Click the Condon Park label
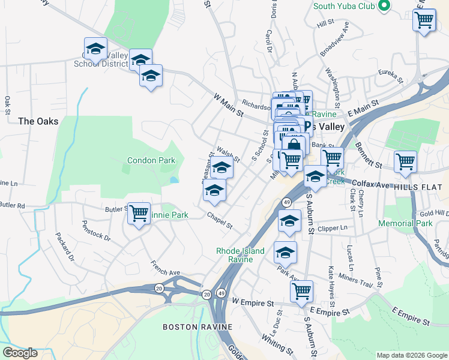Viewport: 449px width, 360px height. click(x=151, y=160)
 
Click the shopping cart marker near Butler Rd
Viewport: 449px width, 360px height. click(x=139, y=214)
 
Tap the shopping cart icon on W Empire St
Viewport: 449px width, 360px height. click(x=301, y=292)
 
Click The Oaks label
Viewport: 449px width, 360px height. click(x=38, y=121)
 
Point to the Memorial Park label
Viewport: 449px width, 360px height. click(x=405, y=223)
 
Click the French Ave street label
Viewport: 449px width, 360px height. click(x=166, y=268)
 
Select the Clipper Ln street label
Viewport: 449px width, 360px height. click(x=334, y=228)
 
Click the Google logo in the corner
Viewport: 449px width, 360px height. click(x=20, y=352)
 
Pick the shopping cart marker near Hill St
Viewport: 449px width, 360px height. click(x=424, y=20)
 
